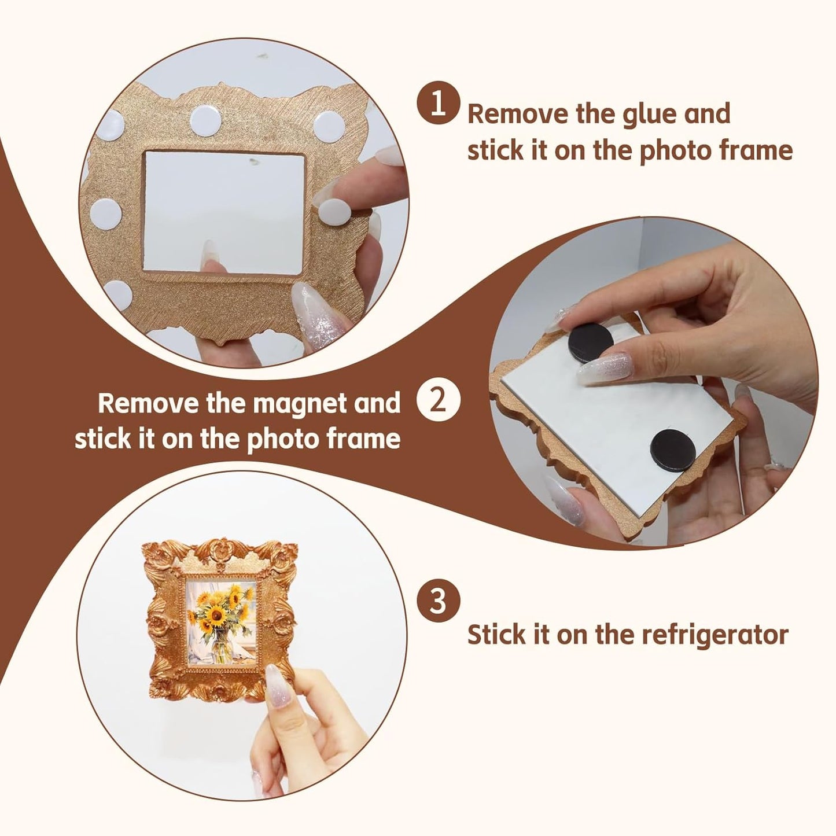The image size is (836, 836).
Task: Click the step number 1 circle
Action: click(438, 102)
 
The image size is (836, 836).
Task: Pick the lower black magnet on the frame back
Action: click(672, 451)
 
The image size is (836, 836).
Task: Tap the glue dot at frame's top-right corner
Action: click(329, 126)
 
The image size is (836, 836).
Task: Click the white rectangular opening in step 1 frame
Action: click(224, 212)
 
